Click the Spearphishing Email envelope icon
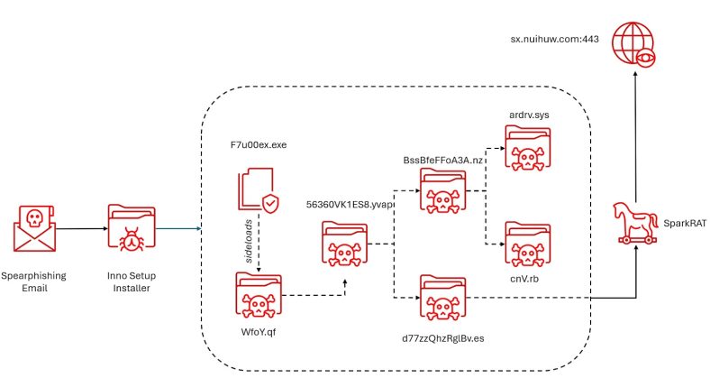click(x=35, y=228)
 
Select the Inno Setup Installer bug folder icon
click(x=132, y=227)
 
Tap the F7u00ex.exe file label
click(x=259, y=145)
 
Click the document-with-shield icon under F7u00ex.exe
click(x=259, y=190)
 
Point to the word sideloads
click(x=249, y=242)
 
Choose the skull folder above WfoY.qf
click(x=259, y=295)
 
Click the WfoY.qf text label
click(x=259, y=332)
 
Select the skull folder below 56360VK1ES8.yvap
click(x=344, y=244)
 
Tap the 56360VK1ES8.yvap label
click(x=349, y=205)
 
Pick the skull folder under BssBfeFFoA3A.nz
click(x=442, y=191)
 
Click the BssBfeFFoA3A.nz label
click(x=442, y=161)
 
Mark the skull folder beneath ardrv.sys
click(x=528, y=148)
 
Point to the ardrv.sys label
click(x=529, y=115)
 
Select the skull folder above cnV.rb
click(x=528, y=244)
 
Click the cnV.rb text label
click(x=524, y=279)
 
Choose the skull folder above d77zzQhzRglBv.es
click(x=442, y=298)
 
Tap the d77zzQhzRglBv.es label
click(x=442, y=338)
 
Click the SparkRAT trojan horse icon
click(x=635, y=224)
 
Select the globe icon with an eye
click(x=634, y=45)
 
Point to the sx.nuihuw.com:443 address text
click(x=555, y=39)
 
